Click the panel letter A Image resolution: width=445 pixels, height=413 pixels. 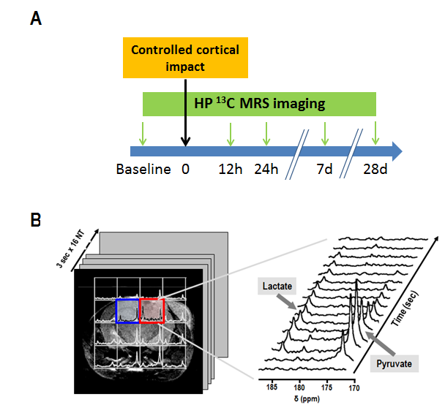[35, 20]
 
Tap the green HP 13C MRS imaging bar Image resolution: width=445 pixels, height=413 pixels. [258, 104]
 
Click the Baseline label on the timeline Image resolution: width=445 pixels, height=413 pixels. [143, 170]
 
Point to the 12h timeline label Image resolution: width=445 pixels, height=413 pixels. [231, 170]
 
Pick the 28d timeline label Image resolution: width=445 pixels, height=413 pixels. [375, 170]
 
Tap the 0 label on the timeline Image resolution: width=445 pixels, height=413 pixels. [186, 170]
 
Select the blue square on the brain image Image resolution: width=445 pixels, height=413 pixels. [127, 310]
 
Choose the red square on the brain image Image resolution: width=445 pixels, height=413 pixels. [152, 310]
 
